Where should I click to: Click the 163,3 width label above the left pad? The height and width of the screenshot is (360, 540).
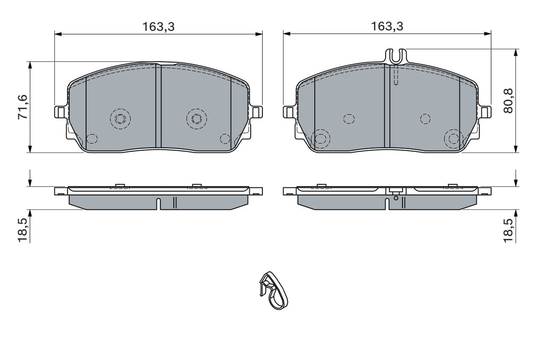pyautogui.click(x=158, y=27)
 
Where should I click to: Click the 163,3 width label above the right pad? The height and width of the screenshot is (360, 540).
pyautogui.click(x=387, y=27)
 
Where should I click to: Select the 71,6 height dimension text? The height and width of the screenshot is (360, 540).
pyautogui.click(x=23, y=107)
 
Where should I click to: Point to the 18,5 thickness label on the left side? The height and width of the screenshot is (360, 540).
pyautogui.click(x=23, y=230)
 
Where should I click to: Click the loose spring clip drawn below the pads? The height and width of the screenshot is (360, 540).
pyautogui.click(x=273, y=290)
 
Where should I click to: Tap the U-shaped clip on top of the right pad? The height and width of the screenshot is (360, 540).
pyautogui.click(x=396, y=56)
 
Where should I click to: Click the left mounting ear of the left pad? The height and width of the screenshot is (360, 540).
pyautogui.click(x=60, y=112)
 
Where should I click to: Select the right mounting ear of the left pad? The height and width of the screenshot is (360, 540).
pyautogui.click(x=256, y=112)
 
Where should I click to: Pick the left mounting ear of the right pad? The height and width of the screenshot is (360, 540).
pyautogui.click(x=289, y=112)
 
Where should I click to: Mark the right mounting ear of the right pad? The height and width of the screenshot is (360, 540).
pyautogui.click(x=485, y=112)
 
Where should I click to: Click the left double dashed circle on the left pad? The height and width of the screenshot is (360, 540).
pyautogui.click(x=120, y=119)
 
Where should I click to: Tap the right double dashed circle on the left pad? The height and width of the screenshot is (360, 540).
pyautogui.click(x=197, y=119)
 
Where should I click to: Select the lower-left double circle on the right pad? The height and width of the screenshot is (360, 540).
pyautogui.click(x=321, y=138)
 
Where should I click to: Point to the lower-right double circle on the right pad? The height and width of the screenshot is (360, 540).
pyautogui.click(x=454, y=138)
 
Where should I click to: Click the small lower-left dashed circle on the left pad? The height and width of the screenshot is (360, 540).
pyautogui.click(x=92, y=138)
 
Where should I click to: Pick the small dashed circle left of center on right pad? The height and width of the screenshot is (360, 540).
pyautogui.click(x=349, y=119)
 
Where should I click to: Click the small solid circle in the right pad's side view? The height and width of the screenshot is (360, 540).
pyautogui.click(x=396, y=198)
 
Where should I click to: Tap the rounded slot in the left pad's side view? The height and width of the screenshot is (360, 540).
pyautogui.click(x=158, y=203)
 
